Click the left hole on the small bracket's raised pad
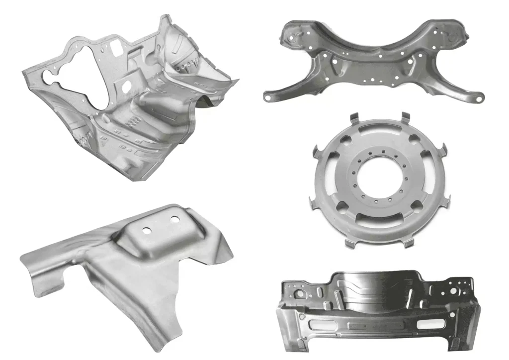pos(147,230)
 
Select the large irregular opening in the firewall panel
pos(80,85)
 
